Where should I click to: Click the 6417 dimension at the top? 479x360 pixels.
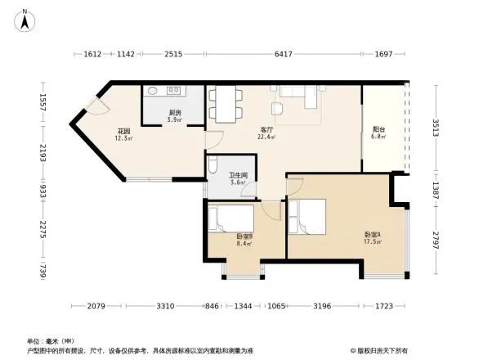tap(283, 55)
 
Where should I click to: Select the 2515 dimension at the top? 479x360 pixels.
tap(172, 55)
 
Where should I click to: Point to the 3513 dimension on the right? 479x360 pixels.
tap(436, 128)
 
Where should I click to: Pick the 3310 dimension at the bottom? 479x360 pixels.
tap(166, 306)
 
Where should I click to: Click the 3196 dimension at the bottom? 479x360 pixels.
tap(322, 306)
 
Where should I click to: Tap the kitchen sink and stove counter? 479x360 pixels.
tap(174, 92)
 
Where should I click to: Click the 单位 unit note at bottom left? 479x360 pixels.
tap(50, 341)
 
